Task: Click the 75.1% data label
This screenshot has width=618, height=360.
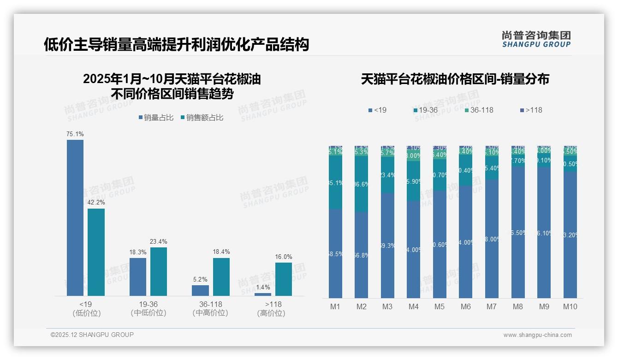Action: click(75, 134)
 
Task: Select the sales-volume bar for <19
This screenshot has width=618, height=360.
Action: click(75, 217)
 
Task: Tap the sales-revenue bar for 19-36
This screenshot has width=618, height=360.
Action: click(159, 271)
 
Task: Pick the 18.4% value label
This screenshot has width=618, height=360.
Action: click(221, 252)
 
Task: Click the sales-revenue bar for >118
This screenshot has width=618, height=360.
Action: click(284, 279)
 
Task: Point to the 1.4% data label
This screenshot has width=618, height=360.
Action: click(262, 287)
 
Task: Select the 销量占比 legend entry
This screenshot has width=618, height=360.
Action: click(156, 118)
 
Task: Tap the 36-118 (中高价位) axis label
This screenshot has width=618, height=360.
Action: click(210, 308)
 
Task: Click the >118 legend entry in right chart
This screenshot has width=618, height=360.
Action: click(531, 110)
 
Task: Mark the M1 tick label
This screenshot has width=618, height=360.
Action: click(335, 306)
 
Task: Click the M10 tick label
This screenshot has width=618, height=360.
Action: click(570, 306)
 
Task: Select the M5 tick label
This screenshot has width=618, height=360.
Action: click(440, 306)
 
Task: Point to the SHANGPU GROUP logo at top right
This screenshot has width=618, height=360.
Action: click(536, 39)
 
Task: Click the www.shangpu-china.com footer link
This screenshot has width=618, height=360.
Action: click(537, 335)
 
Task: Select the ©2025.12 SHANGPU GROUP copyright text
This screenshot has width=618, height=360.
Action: click(92, 335)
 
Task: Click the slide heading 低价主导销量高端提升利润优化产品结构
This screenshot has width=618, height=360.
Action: click(176, 45)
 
